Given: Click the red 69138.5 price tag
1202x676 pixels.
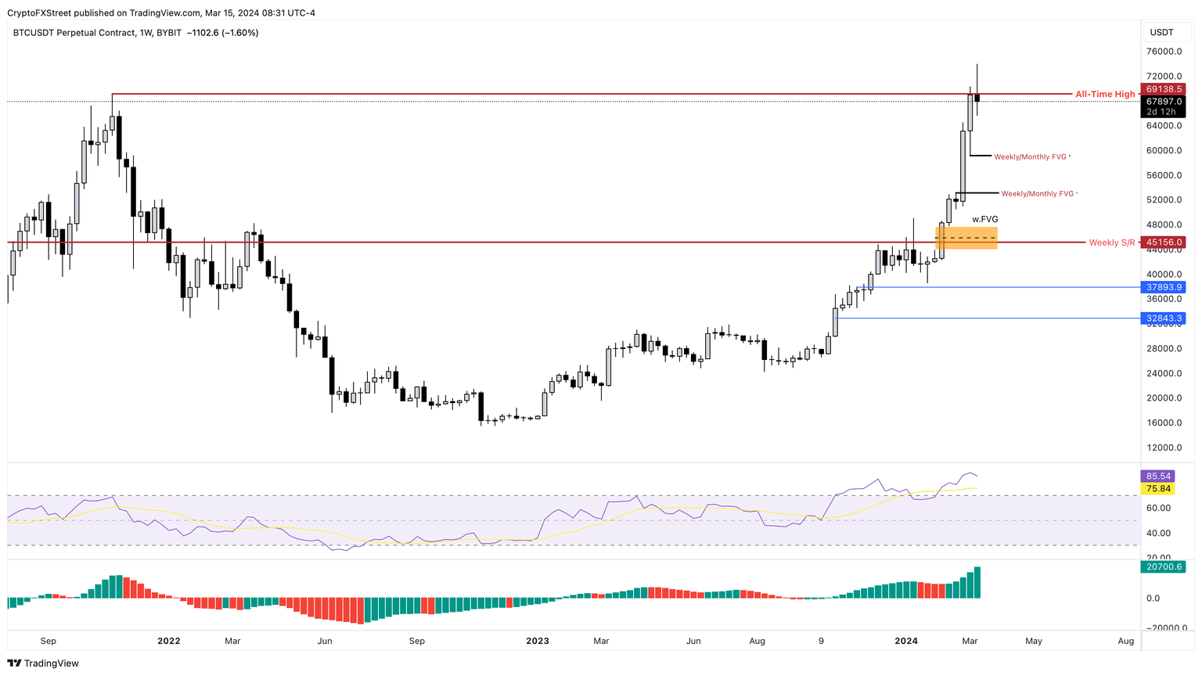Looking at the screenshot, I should point(1164,89).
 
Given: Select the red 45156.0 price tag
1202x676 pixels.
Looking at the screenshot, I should point(1164,243).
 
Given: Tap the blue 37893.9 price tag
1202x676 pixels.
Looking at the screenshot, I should point(1164,287).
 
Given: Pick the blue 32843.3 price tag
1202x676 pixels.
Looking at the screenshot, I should point(1164,318).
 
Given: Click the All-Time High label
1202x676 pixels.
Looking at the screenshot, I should point(1104,95).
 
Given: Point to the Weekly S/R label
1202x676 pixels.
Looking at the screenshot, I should point(1111,243).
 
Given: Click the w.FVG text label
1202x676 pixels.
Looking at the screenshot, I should point(985,219).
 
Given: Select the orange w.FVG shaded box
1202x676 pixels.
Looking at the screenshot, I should point(966,238).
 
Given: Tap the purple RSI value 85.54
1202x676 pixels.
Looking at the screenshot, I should point(1158,476).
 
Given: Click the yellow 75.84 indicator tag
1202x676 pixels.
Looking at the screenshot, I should point(1158,489).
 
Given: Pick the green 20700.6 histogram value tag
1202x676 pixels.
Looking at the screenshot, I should point(1164,566).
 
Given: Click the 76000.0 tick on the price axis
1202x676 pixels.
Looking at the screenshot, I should point(1164,52).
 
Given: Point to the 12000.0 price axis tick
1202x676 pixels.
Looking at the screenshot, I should point(1164,448).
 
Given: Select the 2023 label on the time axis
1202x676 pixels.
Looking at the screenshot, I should point(538,641).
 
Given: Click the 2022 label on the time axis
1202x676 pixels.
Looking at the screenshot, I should point(168,641).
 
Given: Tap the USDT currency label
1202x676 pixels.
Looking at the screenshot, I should point(1161,32).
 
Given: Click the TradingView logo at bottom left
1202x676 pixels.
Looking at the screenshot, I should point(44,663).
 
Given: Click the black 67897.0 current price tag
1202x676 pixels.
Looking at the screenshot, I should point(1164,102).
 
